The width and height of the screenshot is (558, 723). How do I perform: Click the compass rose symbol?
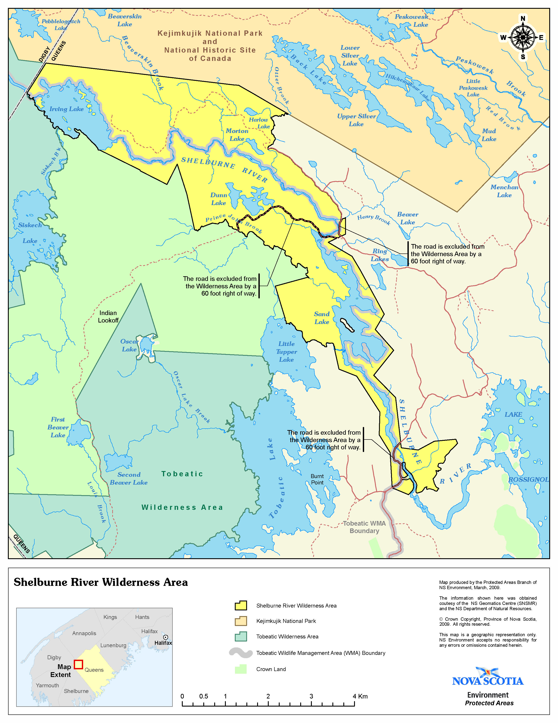coord(522,37)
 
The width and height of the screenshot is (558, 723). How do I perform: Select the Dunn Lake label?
coord(219,199)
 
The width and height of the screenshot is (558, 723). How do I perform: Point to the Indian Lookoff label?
coord(108,317)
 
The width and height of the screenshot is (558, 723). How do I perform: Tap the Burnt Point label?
coord(317,479)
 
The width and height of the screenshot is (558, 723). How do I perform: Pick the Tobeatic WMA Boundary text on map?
coord(364,527)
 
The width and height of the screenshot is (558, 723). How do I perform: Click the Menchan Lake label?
coord(504,191)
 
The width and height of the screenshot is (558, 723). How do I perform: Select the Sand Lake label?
coord(322,318)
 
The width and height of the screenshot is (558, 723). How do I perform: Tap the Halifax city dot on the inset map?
coord(166,637)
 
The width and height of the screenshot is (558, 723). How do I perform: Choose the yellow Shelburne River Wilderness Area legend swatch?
coord(241,606)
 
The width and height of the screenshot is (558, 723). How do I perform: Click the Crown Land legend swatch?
coord(241,669)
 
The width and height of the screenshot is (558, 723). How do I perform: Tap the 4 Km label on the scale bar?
coord(360,696)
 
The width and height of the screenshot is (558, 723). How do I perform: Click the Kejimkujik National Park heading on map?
coord(210,46)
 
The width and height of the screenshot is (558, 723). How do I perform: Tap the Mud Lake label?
coord(489,135)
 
